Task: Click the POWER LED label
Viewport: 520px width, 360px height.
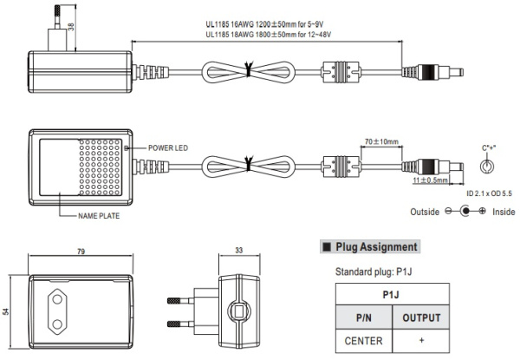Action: [x=167, y=148]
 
